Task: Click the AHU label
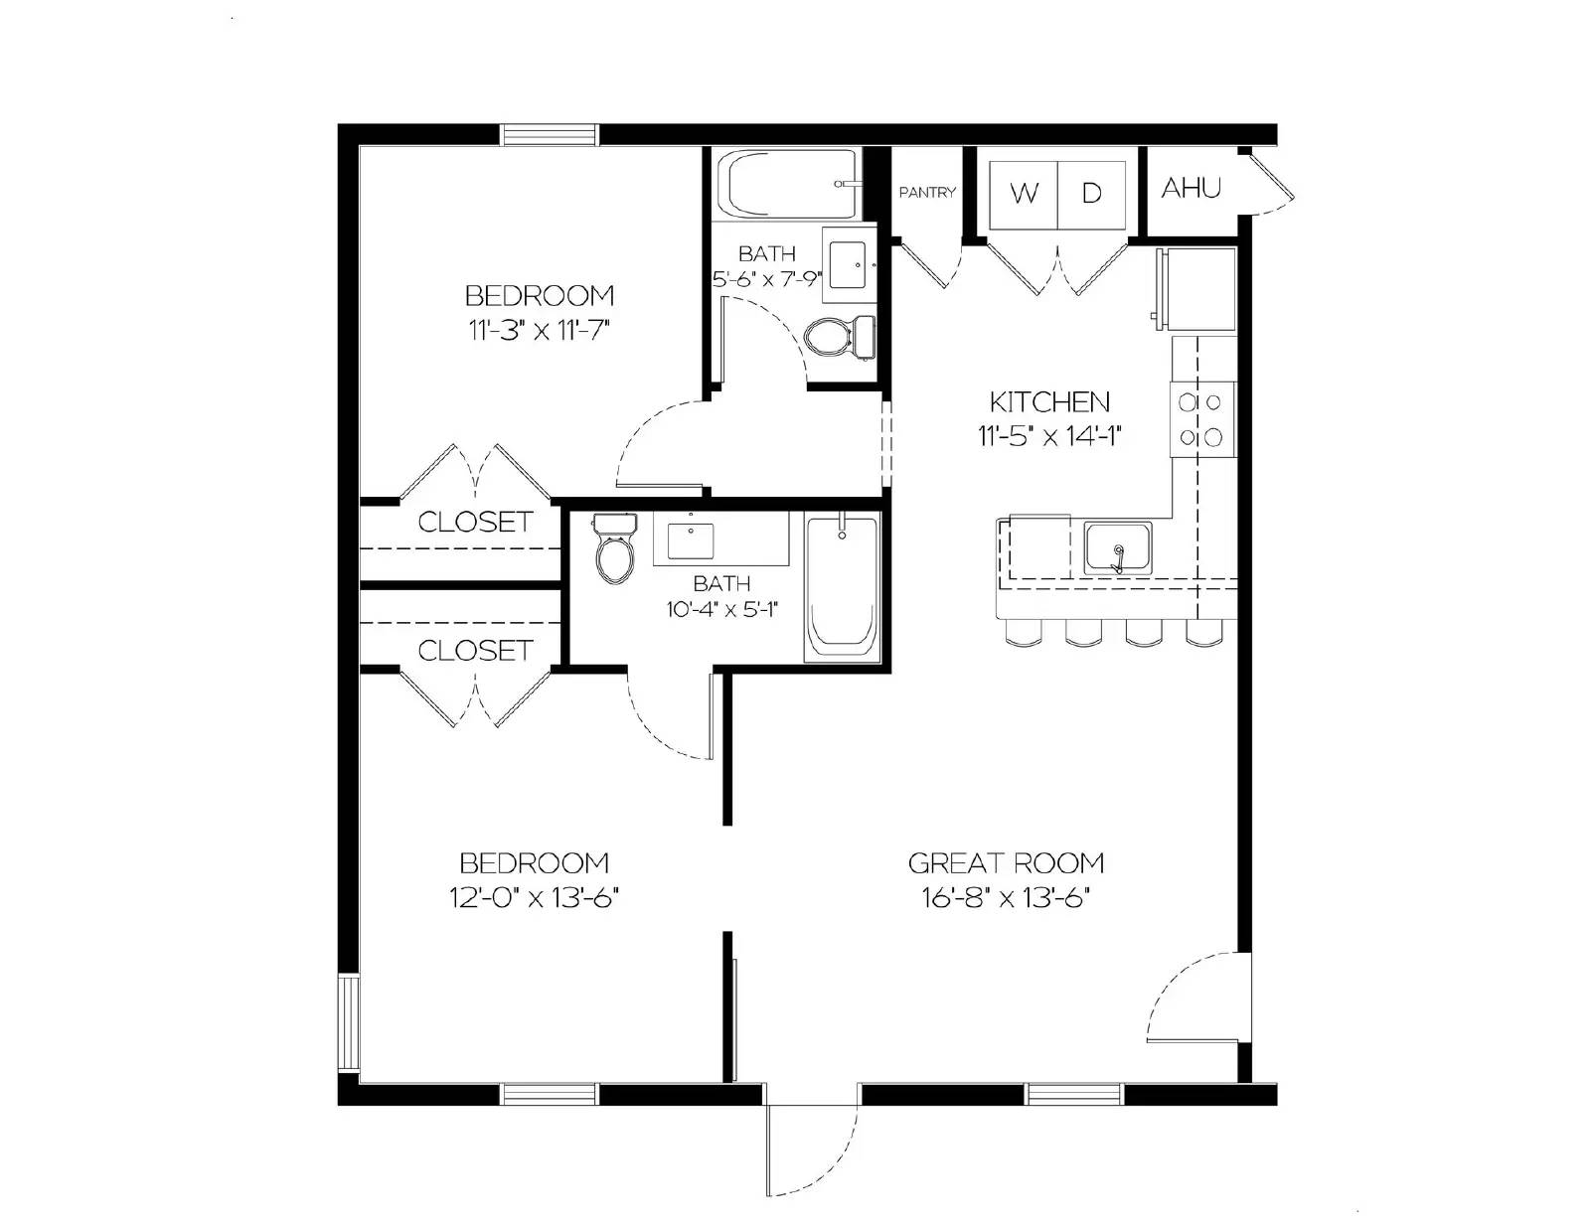1191,188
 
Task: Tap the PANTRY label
926,193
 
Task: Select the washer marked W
1023,193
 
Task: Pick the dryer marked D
1091,193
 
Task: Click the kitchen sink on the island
1118,549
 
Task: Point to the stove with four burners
1200,419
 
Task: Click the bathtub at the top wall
790,185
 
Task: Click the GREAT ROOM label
1006,862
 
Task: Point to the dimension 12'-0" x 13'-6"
534,898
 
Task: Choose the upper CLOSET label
474,522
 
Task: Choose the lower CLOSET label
474,650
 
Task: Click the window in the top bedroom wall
550,135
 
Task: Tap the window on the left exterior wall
348,1022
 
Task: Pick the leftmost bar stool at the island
1020,632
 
